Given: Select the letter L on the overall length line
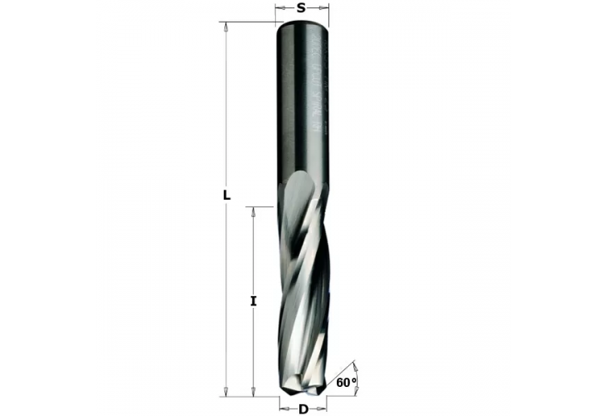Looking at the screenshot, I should pos(226,196).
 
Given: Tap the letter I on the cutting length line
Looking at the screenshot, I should pos(253,302).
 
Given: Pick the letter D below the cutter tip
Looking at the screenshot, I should pos(303,409).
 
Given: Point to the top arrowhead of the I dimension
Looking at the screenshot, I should pos(253,210).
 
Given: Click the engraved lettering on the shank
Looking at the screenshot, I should pos(318,83).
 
